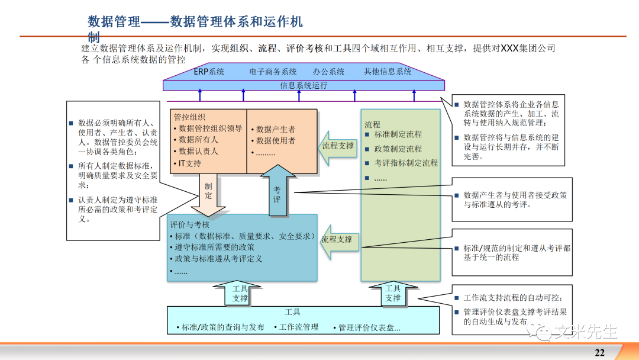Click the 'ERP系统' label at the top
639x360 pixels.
(x=209, y=72)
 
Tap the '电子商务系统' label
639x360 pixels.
(x=273, y=72)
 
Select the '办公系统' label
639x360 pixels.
(x=328, y=72)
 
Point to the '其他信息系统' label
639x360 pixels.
(x=388, y=72)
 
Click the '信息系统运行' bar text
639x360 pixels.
(x=304, y=85)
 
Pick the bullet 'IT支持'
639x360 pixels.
(x=189, y=163)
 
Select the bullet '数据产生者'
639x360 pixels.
(x=276, y=129)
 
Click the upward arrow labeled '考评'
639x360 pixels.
(x=277, y=192)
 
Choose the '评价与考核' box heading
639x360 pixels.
(x=189, y=224)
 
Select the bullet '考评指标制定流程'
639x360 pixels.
(x=406, y=163)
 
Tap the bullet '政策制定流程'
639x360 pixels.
(x=398, y=149)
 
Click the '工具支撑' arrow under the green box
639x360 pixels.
(x=393, y=294)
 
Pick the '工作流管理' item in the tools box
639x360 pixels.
(x=298, y=327)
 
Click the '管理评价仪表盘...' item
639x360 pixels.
(x=369, y=327)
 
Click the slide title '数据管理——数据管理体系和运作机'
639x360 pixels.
(x=195, y=22)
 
